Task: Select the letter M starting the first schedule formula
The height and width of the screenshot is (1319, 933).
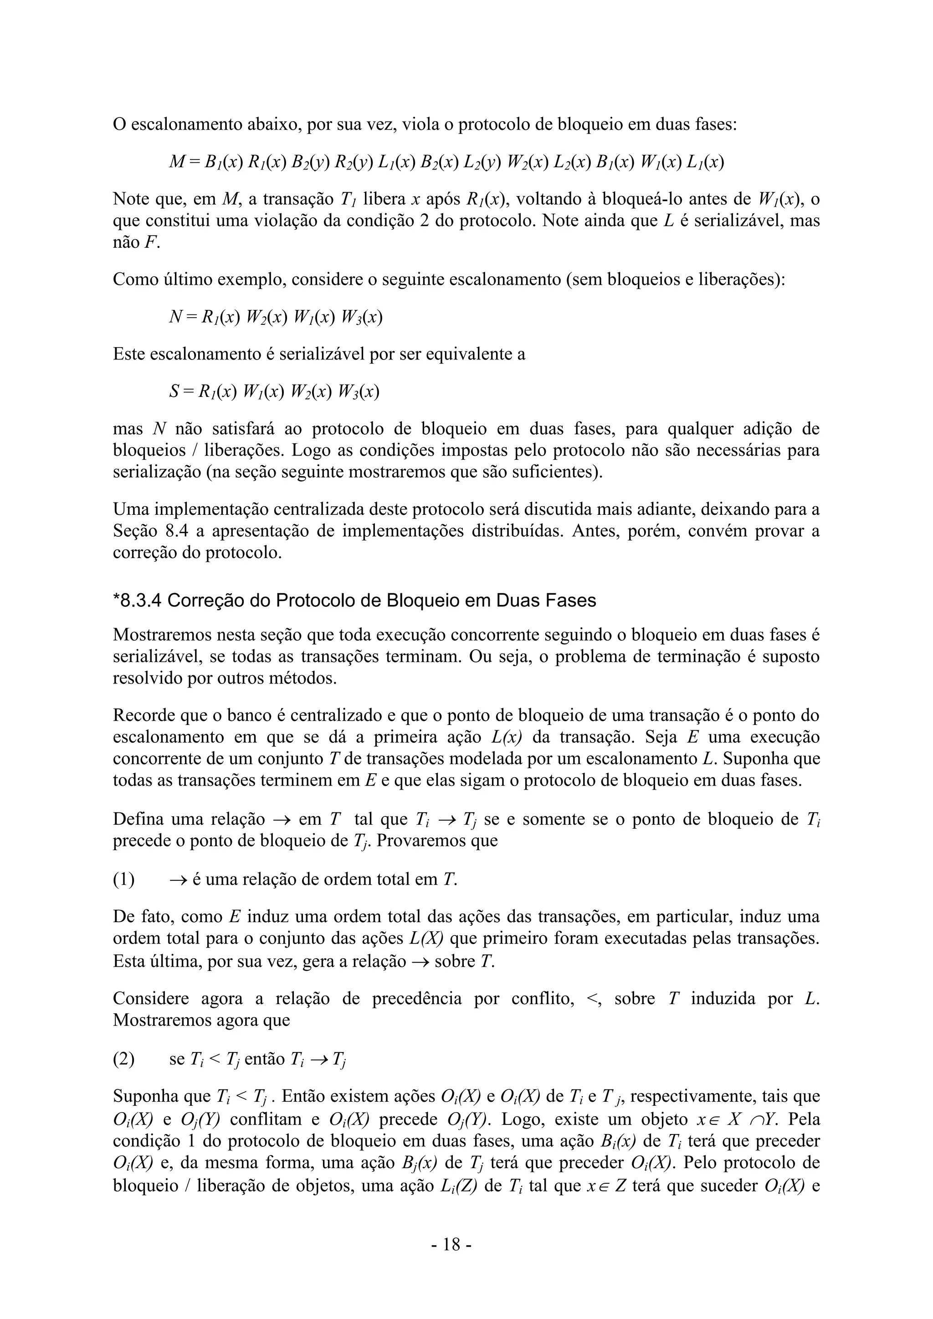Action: (x=176, y=163)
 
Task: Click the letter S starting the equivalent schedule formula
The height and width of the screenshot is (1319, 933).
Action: (x=174, y=392)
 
